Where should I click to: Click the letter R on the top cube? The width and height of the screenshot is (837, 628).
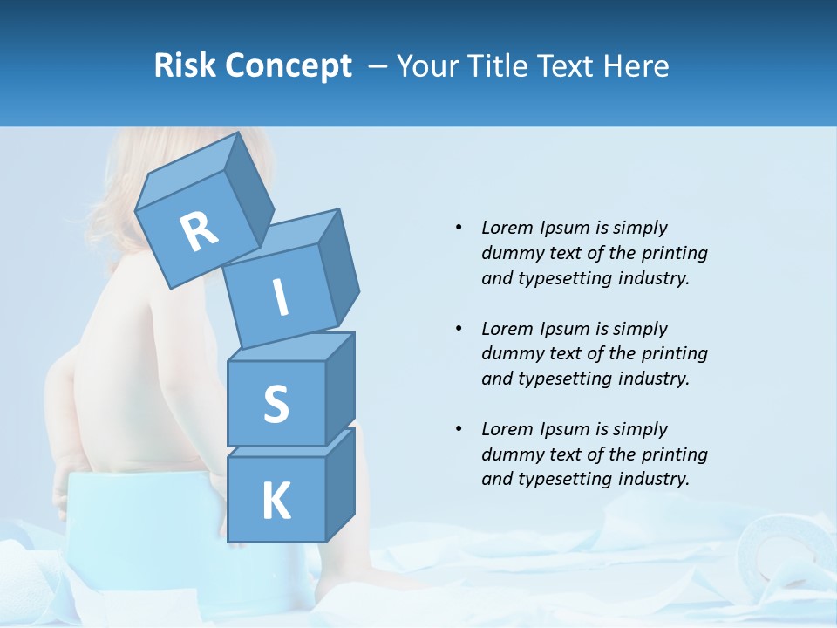click(199, 232)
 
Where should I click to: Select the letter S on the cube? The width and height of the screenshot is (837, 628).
click(276, 405)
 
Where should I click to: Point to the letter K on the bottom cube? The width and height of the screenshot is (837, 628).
click(276, 501)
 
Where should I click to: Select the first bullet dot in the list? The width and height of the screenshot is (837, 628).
click(459, 229)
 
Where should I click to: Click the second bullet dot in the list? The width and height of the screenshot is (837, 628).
click(459, 329)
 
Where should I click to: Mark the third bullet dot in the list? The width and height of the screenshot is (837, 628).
click(459, 429)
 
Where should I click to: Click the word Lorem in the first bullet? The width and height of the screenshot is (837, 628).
click(506, 228)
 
